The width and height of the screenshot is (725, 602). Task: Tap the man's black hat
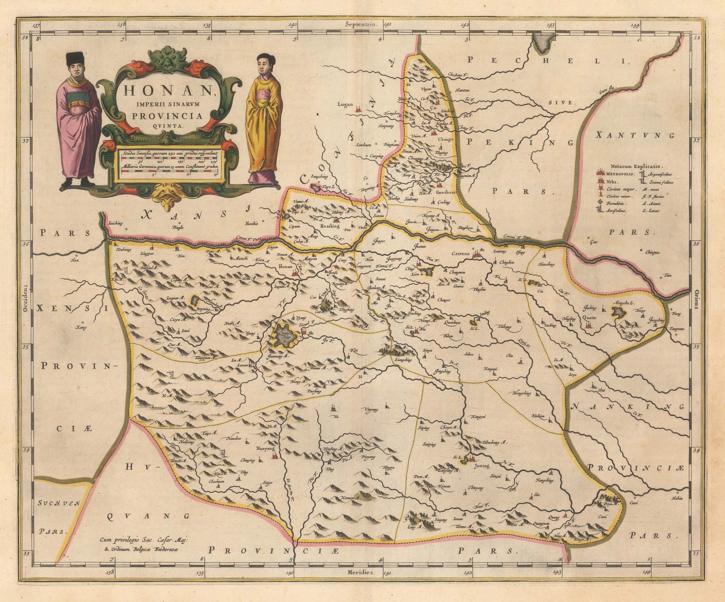click(75, 58)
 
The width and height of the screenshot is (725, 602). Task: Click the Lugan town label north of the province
click(345, 104)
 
